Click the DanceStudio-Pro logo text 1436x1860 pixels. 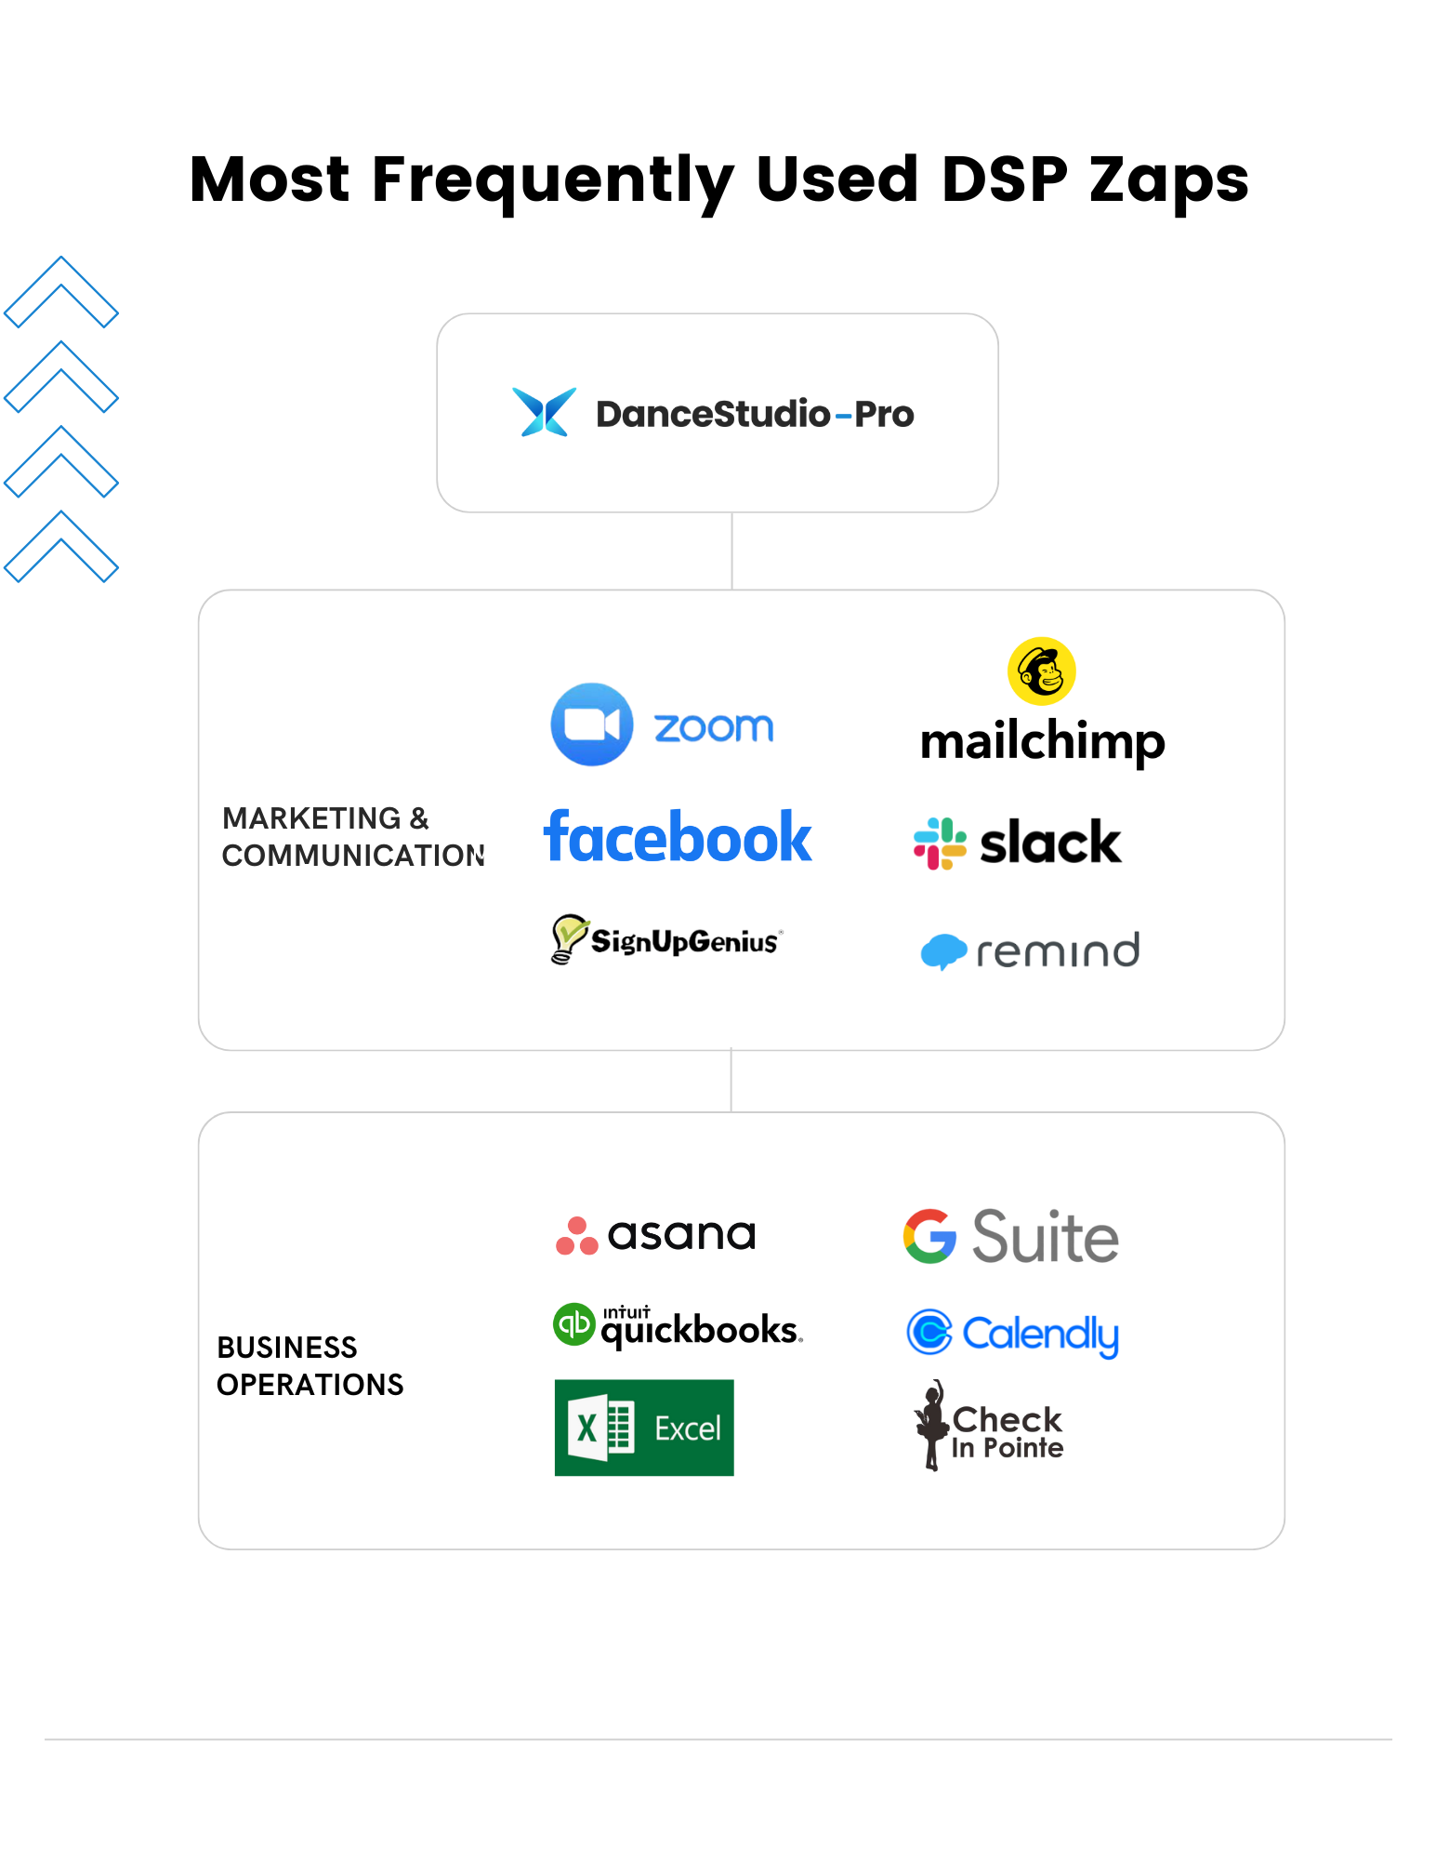coord(755,414)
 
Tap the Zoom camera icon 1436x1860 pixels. coord(592,724)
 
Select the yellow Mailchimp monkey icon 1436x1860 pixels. coord(1041,671)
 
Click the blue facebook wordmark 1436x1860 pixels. coord(678,837)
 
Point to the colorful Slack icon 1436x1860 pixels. coord(941,844)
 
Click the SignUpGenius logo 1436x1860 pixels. coord(666,939)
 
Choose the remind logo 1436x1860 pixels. coord(1029,951)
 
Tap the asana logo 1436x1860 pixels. coord(655,1235)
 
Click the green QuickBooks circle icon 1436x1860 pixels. coord(574,1323)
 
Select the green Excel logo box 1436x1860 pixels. coord(643,1428)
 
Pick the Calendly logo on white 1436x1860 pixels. coord(1013,1337)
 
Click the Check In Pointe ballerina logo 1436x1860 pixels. coord(989,1428)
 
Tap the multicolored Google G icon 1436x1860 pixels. coord(929,1236)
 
